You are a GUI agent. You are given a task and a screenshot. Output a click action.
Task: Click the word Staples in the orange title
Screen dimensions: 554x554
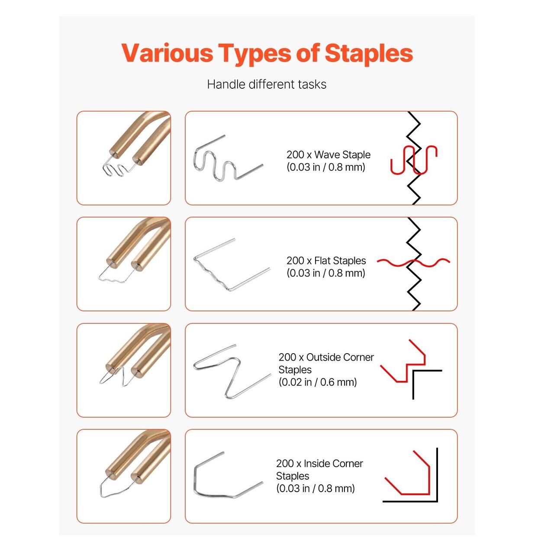coord(369,54)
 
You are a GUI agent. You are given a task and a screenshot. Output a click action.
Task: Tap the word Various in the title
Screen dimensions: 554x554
coord(167,53)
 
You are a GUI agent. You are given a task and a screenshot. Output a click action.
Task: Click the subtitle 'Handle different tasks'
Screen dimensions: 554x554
coord(267,84)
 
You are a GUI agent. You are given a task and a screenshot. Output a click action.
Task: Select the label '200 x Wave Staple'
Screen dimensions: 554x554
coord(329,155)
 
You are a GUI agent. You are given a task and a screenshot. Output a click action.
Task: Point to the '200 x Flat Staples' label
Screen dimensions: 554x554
coord(326,261)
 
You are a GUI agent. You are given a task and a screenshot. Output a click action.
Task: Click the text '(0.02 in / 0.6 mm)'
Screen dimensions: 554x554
coord(318,382)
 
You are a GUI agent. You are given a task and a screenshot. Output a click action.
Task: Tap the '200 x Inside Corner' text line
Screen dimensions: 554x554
coord(319,464)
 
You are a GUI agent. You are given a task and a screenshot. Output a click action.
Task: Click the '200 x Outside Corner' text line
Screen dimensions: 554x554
coord(326,357)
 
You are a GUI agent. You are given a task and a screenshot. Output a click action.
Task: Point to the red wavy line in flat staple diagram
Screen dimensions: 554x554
coord(413,262)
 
